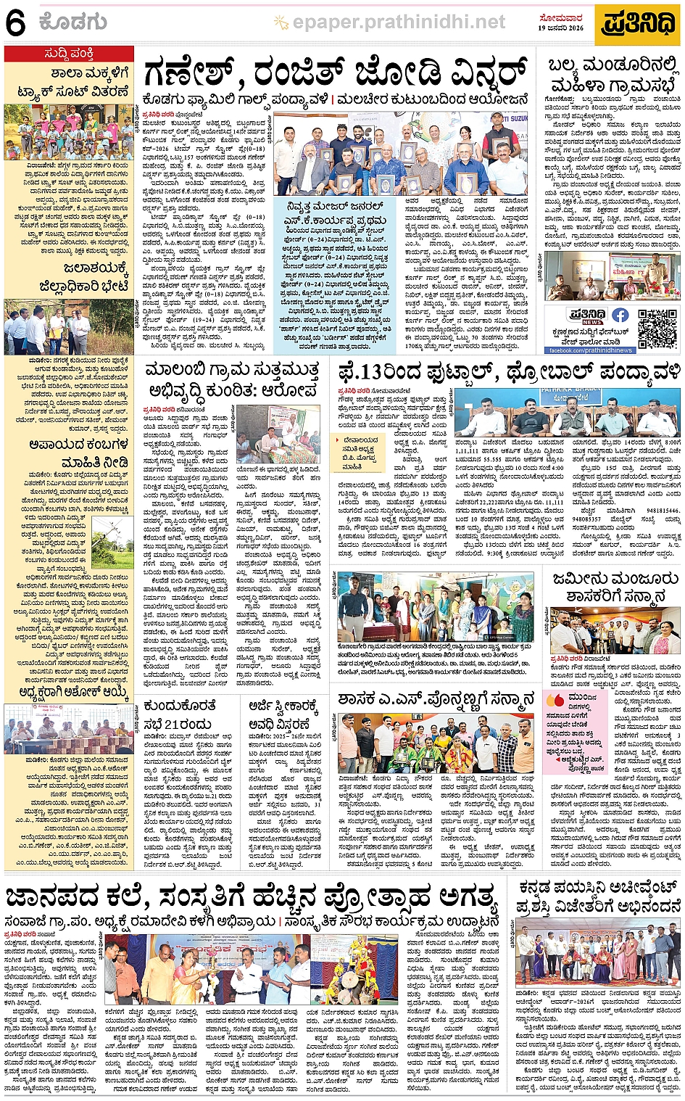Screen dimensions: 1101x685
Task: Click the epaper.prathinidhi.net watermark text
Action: [x=398, y=22]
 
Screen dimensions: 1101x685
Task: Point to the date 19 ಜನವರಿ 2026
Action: [x=560, y=28]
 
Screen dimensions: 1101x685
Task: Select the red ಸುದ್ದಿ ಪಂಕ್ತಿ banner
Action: [x=69, y=54]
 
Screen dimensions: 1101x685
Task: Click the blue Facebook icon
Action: [x=620, y=315]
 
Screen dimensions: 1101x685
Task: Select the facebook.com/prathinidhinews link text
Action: [x=590, y=350]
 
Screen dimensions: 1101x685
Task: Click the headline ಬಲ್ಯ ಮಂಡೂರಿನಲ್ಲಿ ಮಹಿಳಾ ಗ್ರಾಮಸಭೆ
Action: [x=613, y=75]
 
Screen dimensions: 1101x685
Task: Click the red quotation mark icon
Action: [x=555, y=699]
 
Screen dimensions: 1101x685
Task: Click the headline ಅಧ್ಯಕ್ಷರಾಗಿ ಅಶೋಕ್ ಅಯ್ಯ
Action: [x=69, y=692]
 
